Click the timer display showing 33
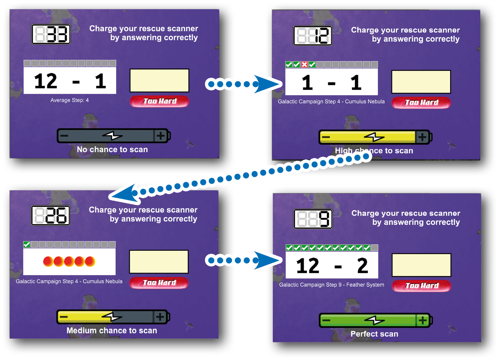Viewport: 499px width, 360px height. [51, 34]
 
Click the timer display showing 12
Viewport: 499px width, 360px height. [313, 36]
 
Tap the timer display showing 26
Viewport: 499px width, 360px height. [51, 216]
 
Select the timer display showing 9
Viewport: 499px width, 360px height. [313, 219]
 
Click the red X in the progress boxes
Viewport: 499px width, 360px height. [305, 65]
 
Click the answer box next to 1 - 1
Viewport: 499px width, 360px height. [421, 82]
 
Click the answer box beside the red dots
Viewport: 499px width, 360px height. [159, 262]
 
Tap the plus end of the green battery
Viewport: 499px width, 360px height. [423, 320]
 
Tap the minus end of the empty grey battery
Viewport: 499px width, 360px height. [64, 136]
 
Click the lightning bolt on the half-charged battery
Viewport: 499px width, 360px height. [112, 317]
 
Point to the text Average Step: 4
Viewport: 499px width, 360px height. [69, 100]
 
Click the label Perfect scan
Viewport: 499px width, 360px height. [374, 334]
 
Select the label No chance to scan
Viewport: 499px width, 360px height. [112, 149]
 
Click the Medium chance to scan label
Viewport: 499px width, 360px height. [112, 331]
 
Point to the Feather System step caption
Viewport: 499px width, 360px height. [331, 285]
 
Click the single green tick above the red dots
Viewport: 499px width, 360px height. [27, 244]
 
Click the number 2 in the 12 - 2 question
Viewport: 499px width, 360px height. [362, 266]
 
